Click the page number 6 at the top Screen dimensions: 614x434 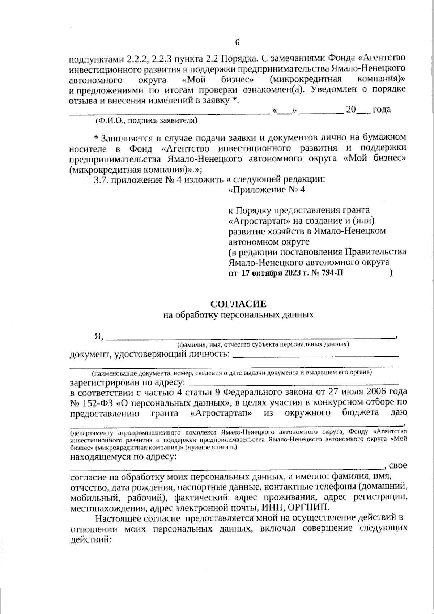click(238, 42)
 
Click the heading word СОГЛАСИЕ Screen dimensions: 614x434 click(238, 304)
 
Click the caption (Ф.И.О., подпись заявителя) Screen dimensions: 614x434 click(146, 120)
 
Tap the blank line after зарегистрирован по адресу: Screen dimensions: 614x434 click(293, 383)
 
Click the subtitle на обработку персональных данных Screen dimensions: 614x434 click(238, 314)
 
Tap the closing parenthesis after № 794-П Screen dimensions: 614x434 click(391, 273)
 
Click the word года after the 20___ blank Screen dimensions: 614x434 click(382, 109)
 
